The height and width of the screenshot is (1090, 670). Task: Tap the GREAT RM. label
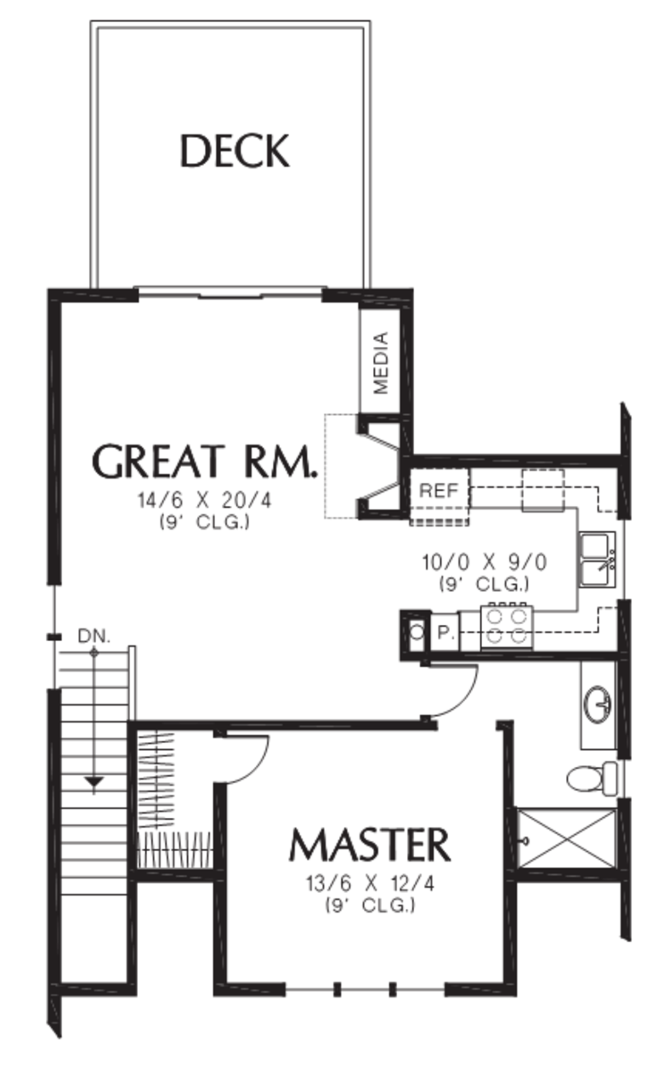click(204, 461)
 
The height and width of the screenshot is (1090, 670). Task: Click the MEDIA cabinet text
click(381, 362)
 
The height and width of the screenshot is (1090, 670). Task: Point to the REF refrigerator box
click(439, 491)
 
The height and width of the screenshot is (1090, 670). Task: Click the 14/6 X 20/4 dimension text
click(204, 501)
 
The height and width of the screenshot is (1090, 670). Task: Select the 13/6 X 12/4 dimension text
click(370, 884)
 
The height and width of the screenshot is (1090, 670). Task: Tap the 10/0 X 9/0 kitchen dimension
click(484, 562)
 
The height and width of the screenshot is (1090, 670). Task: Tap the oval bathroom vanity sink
click(597, 704)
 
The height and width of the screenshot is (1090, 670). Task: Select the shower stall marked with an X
click(567, 839)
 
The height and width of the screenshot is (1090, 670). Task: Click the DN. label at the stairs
click(94, 635)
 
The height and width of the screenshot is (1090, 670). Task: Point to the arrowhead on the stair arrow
click(94, 782)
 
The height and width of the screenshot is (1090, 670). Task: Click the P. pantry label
click(446, 633)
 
